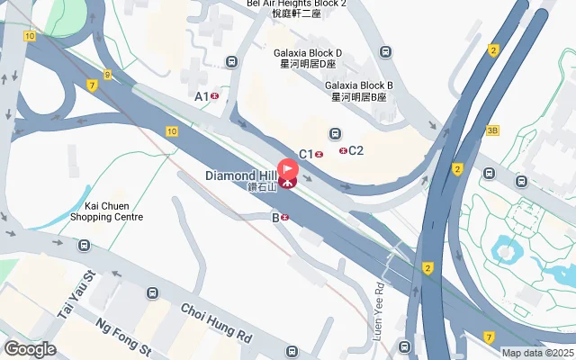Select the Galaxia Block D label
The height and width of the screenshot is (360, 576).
tap(309, 58)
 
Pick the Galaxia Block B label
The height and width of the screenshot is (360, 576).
tap(359, 91)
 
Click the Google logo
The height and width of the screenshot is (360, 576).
tap(30, 349)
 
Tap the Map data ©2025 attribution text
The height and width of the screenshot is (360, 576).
tap(537, 353)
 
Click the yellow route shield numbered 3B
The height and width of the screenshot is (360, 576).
tap(491, 130)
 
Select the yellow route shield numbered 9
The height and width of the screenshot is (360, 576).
tap(107, 75)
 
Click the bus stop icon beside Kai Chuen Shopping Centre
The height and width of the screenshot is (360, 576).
tap(84, 245)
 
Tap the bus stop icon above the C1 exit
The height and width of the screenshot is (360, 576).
tap(334, 133)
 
